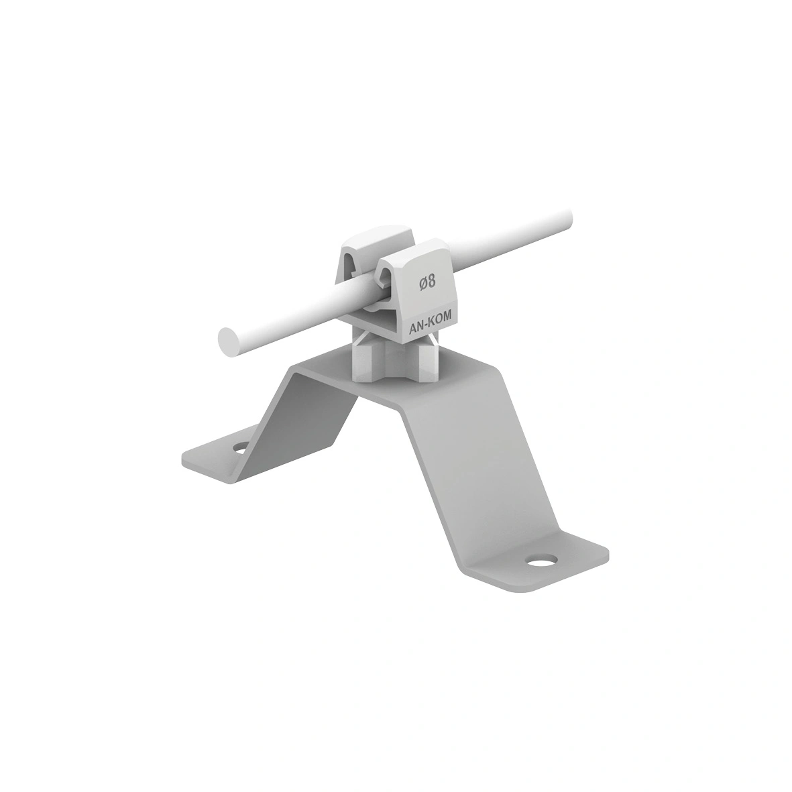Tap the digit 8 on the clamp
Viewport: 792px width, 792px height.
[x=432, y=282]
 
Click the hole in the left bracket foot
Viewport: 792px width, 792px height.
[x=240, y=447]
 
